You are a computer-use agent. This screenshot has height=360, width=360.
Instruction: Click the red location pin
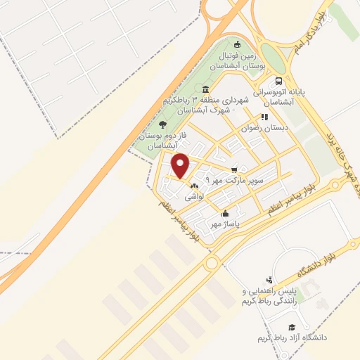tap(181, 166)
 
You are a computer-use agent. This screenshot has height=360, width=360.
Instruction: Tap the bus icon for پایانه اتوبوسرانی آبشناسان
tap(280, 81)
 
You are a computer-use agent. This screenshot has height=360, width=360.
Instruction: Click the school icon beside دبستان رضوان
tap(264, 117)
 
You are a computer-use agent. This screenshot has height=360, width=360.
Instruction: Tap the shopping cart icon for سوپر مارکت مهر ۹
tap(234, 169)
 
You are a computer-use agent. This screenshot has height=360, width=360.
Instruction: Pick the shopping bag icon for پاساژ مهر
tap(224, 213)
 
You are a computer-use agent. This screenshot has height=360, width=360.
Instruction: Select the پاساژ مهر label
tap(226, 224)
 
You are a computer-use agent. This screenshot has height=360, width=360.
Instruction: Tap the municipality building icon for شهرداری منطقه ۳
tap(205, 89)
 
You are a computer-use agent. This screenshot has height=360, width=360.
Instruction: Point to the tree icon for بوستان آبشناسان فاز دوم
tap(162, 124)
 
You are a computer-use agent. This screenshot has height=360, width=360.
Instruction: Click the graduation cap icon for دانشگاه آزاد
tap(291, 327)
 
